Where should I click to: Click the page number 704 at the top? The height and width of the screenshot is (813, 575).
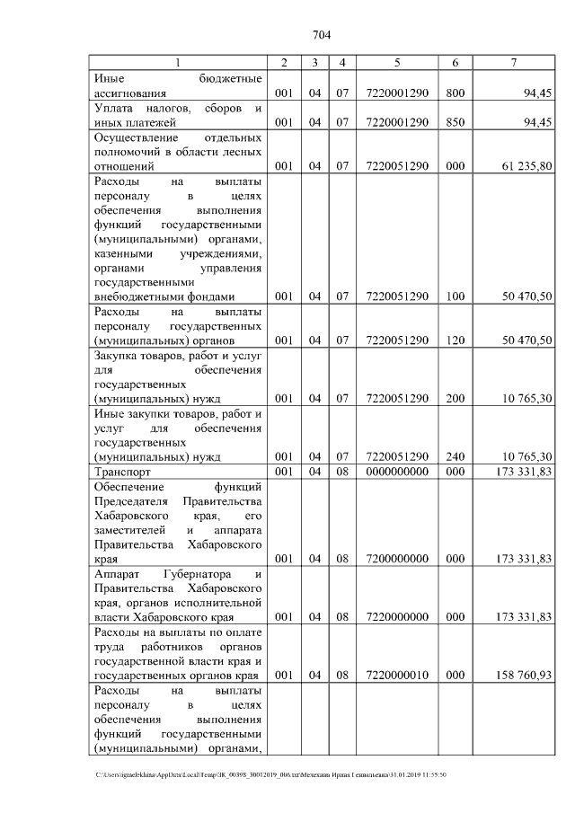click(322, 35)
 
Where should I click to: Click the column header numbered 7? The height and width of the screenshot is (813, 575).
click(512, 63)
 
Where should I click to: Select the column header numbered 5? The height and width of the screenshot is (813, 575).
click(396, 63)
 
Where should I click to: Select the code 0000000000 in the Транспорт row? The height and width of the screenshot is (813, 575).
click(396, 472)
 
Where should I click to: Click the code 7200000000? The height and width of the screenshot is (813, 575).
click(396, 559)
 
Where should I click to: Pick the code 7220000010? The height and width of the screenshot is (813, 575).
click(396, 674)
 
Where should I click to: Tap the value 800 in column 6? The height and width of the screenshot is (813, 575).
click(456, 93)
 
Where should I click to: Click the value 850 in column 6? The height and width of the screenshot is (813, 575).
click(456, 123)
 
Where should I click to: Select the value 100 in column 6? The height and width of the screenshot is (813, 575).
click(456, 296)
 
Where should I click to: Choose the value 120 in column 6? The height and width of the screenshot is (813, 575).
click(456, 340)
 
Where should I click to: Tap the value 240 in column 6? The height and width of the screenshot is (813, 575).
click(456, 456)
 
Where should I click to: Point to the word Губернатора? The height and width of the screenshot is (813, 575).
click(199, 573)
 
